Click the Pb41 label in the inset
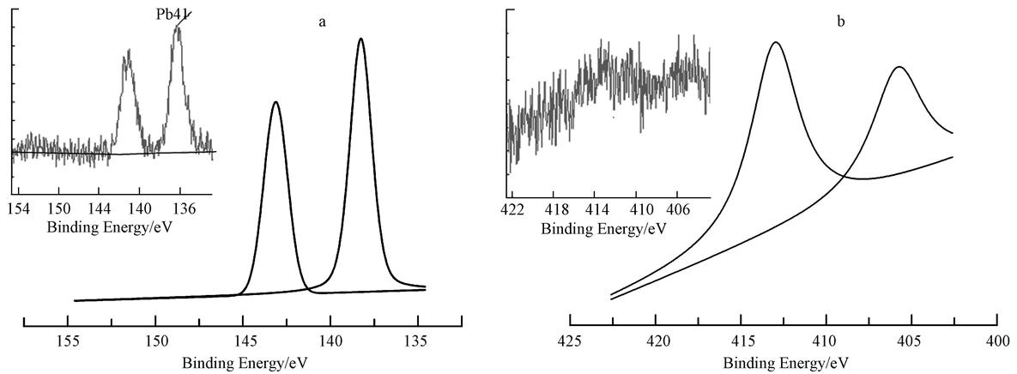pos(173,14)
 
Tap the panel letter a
pos(322,22)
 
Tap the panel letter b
pos(840,21)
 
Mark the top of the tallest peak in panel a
pos(360,39)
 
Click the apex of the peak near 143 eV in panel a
pos(275,102)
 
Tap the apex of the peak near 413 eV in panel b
pos(776,42)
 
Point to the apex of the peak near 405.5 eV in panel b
pos(899,67)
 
